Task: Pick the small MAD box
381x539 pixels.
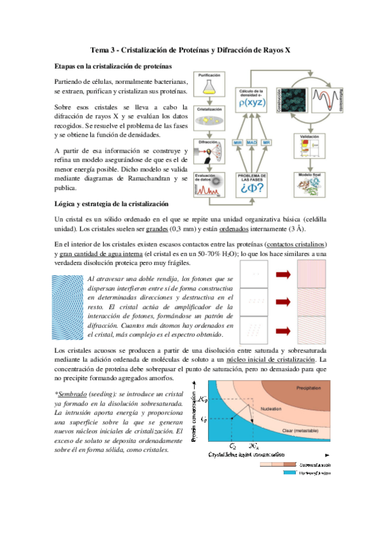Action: coord(252,142)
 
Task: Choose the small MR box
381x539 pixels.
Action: coord(267,142)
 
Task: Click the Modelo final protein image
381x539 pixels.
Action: coord(308,186)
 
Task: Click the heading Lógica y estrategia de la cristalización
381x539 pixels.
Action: coord(111,204)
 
